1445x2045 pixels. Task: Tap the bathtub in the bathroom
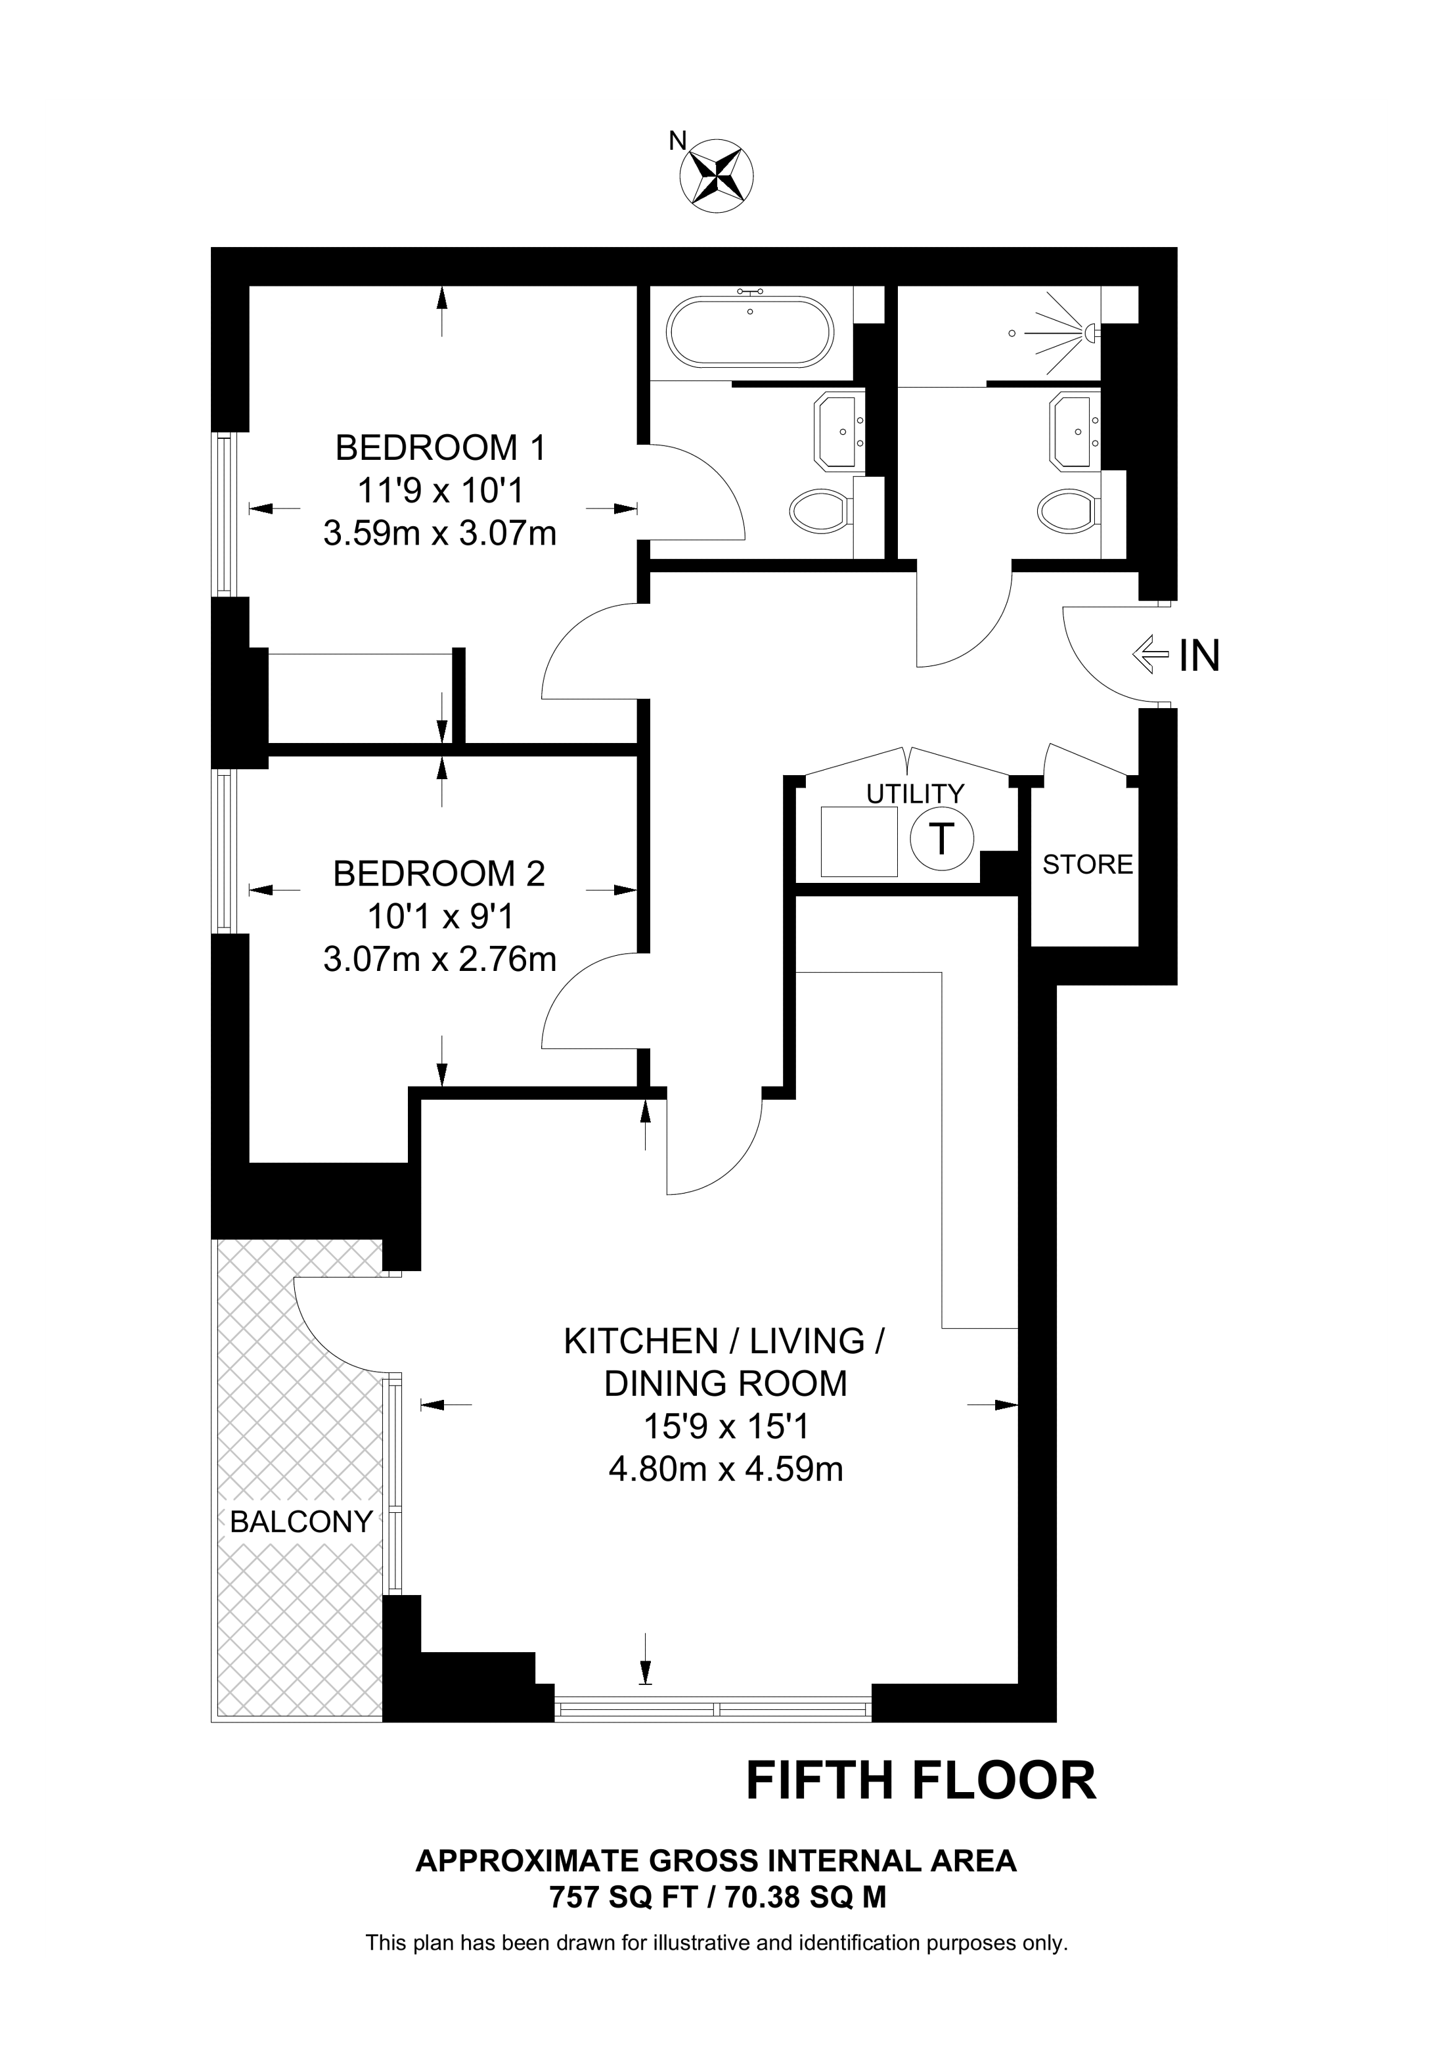point(751,331)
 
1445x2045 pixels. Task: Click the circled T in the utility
point(942,838)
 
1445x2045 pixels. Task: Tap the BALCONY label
point(301,1521)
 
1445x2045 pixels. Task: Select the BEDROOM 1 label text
point(440,447)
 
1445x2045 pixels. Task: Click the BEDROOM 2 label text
point(439,873)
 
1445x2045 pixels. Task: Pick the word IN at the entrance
point(1199,656)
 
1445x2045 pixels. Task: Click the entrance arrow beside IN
point(1149,656)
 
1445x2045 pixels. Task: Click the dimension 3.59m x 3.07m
point(440,533)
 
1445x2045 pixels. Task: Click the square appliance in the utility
point(858,842)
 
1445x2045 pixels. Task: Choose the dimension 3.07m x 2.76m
point(440,958)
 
